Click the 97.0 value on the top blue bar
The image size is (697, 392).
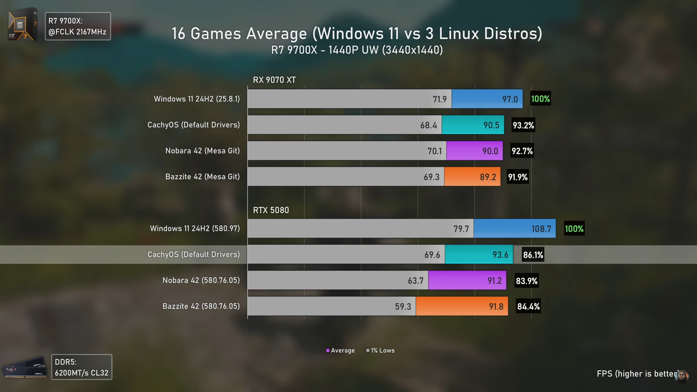510,99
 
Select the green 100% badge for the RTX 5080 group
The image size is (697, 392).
574,229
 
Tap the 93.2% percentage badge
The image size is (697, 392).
523,125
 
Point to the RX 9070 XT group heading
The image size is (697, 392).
274,80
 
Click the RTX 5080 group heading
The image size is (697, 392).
271,210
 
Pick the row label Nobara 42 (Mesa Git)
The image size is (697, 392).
203,151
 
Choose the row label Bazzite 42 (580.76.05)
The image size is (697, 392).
201,306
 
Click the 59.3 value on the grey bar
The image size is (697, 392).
403,307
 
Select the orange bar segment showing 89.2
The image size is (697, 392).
472,177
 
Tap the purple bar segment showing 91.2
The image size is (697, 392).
467,280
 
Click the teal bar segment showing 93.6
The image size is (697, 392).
479,255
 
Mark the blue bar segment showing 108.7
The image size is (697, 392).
514,229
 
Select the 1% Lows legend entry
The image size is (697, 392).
380,351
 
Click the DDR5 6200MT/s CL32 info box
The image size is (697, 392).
82,367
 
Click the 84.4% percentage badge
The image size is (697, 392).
528,307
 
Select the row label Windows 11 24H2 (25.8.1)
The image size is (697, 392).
197,99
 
